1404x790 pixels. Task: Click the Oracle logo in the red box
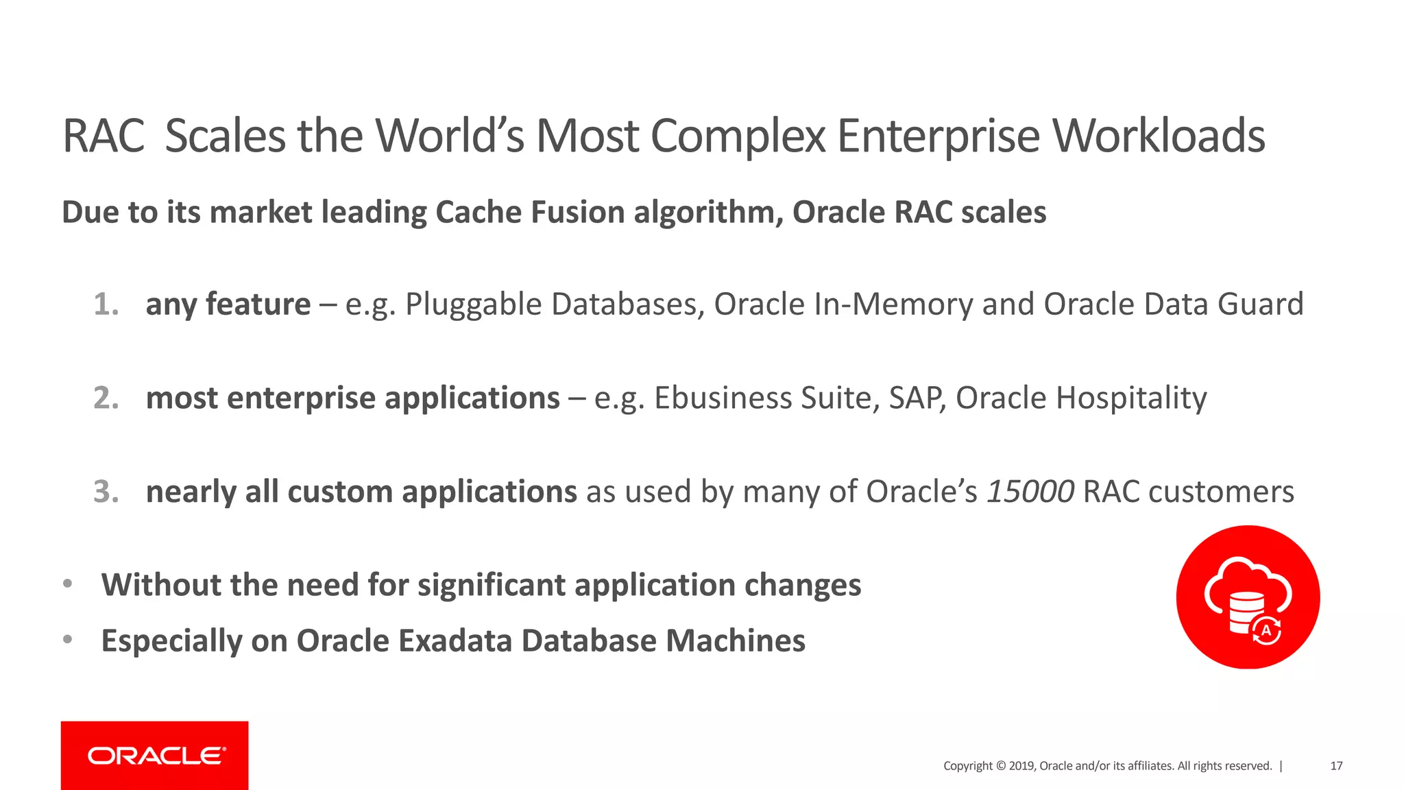pyautogui.click(x=156, y=756)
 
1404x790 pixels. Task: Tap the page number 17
pyautogui.click(x=1335, y=766)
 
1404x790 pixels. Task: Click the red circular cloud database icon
pyautogui.click(x=1248, y=597)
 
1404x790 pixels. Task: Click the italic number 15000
pyautogui.click(x=1030, y=492)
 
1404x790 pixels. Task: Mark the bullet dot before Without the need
pyautogui.click(x=67, y=584)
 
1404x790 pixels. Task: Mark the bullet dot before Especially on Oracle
pyautogui.click(x=67, y=640)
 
